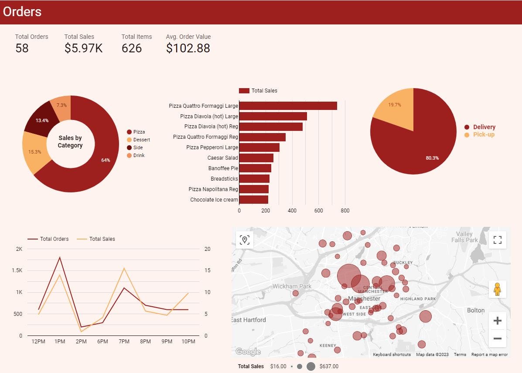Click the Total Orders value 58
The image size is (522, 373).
(x=22, y=48)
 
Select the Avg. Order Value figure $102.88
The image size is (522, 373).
(x=188, y=48)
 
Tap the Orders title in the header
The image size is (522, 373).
(x=22, y=12)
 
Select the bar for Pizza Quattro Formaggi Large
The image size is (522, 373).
(x=288, y=106)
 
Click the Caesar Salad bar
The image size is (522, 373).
(x=256, y=158)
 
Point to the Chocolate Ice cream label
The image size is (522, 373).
(x=214, y=200)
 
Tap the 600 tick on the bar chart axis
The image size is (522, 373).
(x=319, y=211)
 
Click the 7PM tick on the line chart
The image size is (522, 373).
(x=124, y=342)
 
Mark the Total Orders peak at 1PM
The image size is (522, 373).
(x=60, y=257)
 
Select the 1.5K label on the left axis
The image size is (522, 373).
(x=17, y=270)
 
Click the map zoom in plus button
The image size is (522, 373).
(x=497, y=321)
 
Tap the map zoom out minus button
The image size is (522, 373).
(x=497, y=339)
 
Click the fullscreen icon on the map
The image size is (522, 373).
(x=498, y=240)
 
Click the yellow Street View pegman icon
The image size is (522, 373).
(x=497, y=289)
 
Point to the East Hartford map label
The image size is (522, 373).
(x=249, y=320)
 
